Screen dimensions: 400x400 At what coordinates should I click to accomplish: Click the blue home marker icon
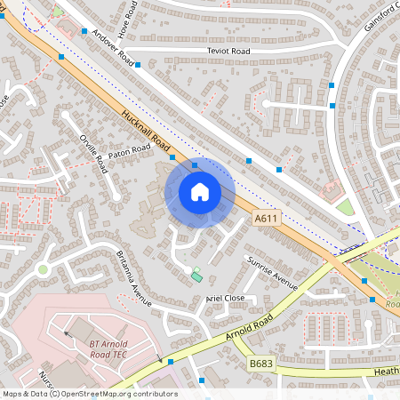click(200, 192)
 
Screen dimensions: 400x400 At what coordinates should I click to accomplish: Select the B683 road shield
click(260, 364)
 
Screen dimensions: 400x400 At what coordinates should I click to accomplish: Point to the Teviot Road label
click(228, 52)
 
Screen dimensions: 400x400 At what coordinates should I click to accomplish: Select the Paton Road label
click(130, 150)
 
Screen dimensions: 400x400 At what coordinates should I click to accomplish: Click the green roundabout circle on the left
click(42, 268)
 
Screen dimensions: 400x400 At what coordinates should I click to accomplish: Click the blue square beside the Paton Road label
click(172, 156)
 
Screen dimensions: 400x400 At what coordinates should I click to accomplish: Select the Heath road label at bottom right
click(387, 371)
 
